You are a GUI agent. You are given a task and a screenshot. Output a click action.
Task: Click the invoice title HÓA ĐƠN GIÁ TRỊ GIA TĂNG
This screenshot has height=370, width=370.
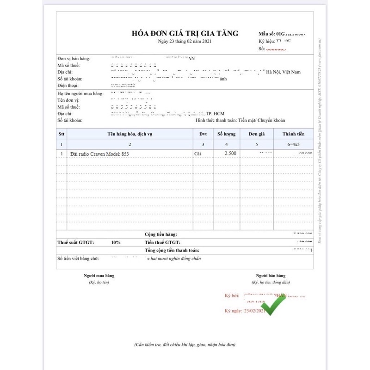click(185, 33)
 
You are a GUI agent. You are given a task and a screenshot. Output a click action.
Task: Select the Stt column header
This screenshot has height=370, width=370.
click(62, 134)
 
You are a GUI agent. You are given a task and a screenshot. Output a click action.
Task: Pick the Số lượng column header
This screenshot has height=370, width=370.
click(227, 134)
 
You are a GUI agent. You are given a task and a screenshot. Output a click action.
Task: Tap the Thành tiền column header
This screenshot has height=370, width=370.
click(294, 134)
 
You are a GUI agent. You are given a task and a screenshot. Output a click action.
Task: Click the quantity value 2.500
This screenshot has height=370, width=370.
click(230, 153)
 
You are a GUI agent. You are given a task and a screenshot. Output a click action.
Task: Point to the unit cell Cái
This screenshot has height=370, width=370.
click(199, 153)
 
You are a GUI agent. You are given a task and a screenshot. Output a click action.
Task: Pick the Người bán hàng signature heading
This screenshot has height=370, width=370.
click(271, 276)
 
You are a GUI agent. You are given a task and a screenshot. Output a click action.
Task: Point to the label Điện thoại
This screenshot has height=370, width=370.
click(68, 86)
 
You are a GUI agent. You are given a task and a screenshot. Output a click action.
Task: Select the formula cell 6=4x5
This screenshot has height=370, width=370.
click(294, 144)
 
